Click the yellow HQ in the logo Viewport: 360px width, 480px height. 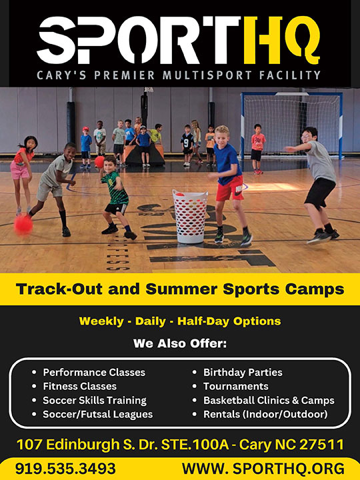tap(282, 41)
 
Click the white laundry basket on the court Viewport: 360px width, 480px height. tap(190, 216)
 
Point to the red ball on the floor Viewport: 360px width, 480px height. tap(23, 225)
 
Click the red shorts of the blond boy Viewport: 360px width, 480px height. tap(229, 189)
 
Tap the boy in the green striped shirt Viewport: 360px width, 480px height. tap(117, 198)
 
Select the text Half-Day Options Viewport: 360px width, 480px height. tap(229, 321)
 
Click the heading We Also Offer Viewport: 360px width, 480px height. tap(180, 343)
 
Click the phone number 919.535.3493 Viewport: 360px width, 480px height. tap(65, 469)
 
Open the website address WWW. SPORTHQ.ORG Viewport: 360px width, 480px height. tap(263, 469)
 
